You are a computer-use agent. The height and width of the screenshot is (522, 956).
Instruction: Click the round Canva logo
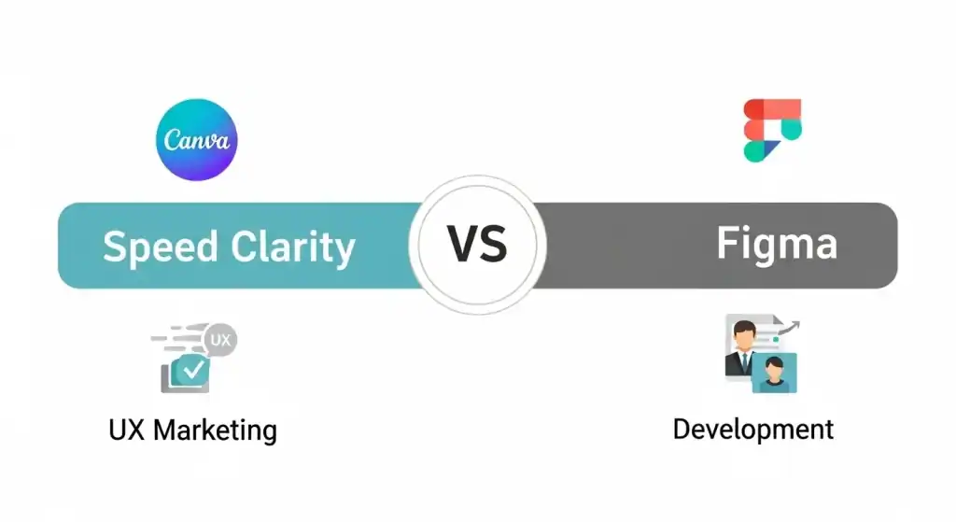click(196, 140)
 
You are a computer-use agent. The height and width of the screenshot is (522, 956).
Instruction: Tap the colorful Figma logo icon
click(772, 131)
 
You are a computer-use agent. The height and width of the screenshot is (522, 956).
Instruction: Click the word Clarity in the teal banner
click(292, 247)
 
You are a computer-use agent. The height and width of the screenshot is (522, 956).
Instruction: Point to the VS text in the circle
click(477, 245)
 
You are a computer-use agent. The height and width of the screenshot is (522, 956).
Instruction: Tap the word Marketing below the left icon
click(216, 430)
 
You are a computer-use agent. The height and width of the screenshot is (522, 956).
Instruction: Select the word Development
click(753, 430)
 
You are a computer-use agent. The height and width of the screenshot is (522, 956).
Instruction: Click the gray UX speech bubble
click(219, 340)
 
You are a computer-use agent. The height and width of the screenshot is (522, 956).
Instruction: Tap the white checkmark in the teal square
click(194, 369)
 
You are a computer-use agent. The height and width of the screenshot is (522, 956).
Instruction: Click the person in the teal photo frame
click(774, 374)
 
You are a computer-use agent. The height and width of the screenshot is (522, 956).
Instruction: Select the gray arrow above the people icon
click(787, 328)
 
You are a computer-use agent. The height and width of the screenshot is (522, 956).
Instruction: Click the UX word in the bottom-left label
click(127, 430)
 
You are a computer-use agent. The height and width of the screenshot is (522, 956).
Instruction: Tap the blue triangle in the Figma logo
click(769, 148)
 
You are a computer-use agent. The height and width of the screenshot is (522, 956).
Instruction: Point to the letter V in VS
click(462, 245)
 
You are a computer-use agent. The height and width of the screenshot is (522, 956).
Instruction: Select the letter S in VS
click(493, 245)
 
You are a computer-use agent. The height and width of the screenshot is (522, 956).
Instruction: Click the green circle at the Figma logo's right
click(792, 129)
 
